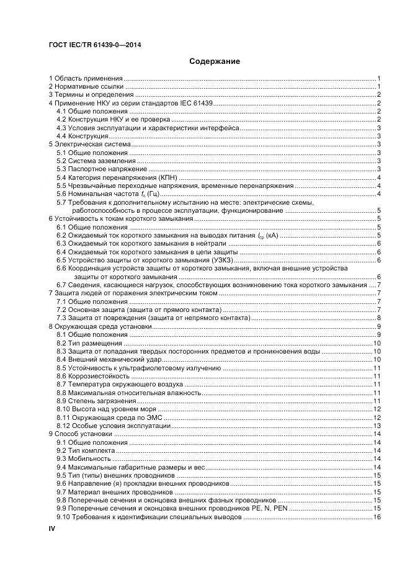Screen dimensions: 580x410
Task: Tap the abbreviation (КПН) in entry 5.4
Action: tap(166, 177)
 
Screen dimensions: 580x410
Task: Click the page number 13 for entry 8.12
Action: tap(376, 426)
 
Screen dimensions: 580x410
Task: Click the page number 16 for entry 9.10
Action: tap(376, 517)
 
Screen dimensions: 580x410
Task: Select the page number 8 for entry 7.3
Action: tap(378, 318)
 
